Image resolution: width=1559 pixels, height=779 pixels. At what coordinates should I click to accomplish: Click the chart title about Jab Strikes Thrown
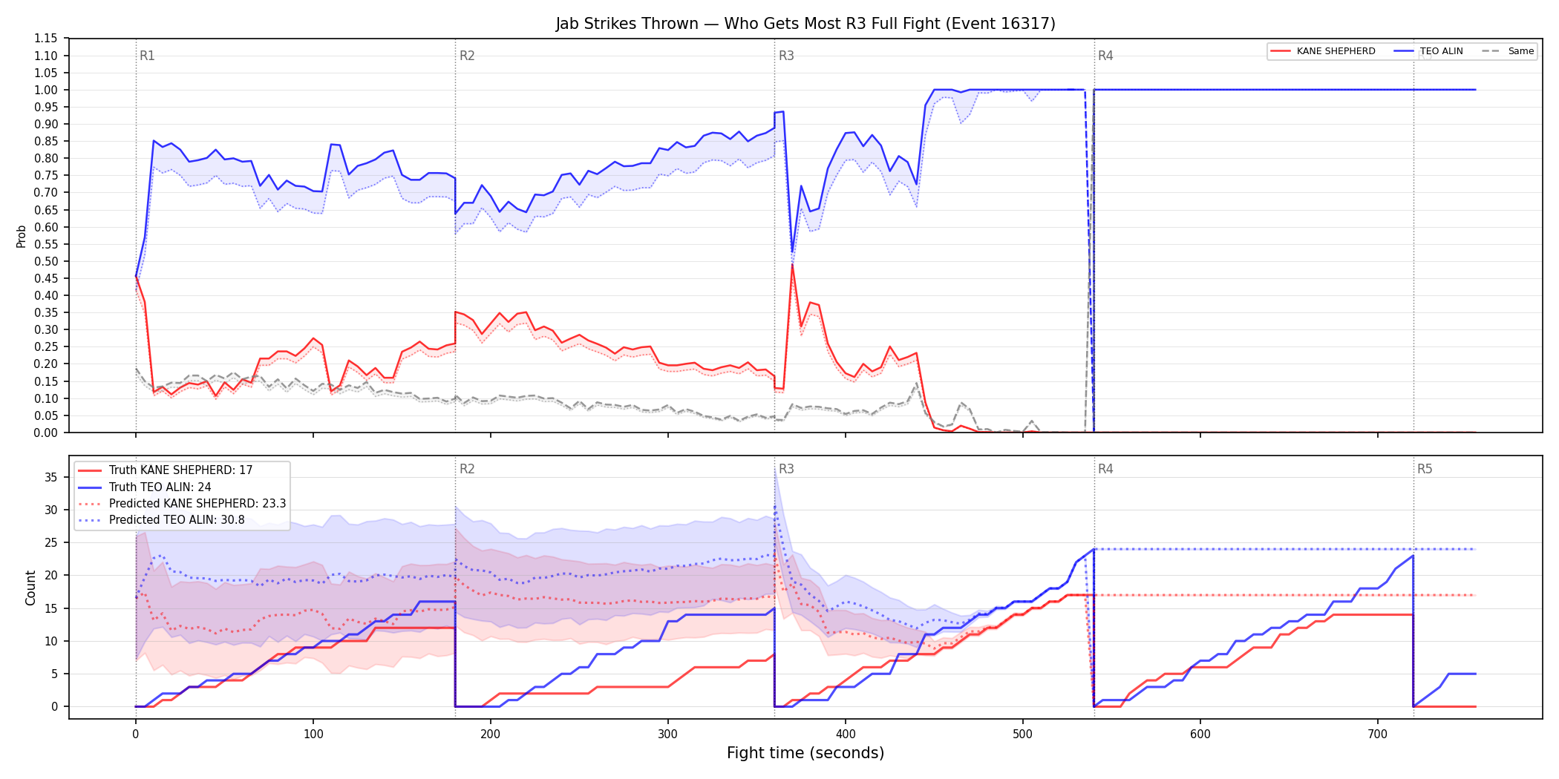(805, 24)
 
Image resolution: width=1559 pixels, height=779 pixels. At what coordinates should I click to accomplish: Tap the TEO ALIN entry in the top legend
(1428, 51)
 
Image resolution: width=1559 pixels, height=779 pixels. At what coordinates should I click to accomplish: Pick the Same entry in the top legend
(1508, 51)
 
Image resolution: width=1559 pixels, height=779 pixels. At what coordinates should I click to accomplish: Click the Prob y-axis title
(22, 236)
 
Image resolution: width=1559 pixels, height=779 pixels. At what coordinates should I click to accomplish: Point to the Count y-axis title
(30, 588)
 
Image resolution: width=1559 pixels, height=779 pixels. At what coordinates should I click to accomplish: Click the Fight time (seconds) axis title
(805, 753)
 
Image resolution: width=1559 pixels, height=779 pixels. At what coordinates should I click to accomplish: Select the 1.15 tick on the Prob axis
(46, 39)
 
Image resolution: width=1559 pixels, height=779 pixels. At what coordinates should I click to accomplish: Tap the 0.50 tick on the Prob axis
(46, 261)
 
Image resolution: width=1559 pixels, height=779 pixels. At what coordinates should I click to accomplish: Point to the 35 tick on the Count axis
(51, 477)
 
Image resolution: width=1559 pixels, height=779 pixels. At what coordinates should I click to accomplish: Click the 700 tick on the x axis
(1377, 734)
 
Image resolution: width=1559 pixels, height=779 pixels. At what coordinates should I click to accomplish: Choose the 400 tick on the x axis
(846, 734)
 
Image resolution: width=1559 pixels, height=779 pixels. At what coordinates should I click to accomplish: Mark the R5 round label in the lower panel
(1425, 469)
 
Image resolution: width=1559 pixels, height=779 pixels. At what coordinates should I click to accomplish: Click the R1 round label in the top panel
(147, 56)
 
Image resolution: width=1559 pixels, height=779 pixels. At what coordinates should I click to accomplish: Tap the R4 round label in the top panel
(1105, 56)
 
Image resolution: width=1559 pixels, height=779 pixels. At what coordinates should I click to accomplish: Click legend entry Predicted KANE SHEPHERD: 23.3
(182, 504)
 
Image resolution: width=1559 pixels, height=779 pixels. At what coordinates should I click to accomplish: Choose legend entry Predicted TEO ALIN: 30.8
(161, 520)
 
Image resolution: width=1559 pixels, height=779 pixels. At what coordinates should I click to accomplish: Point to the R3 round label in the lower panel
(786, 469)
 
